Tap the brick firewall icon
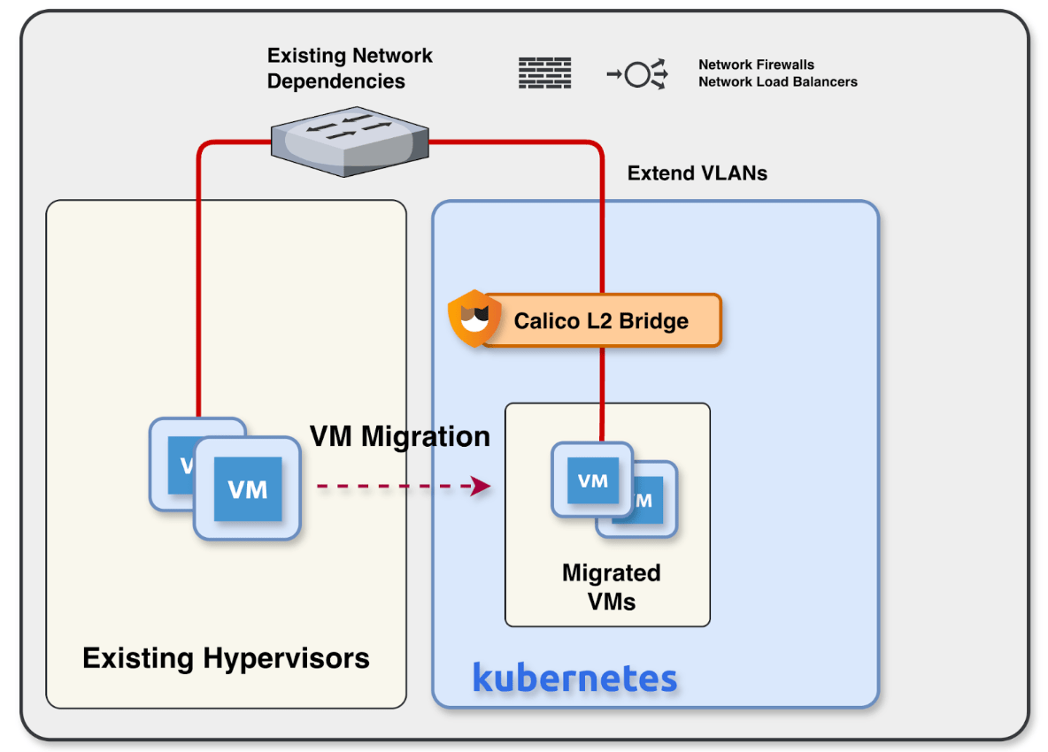pyautogui.click(x=544, y=73)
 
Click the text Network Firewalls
pyautogui.click(x=756, y=65)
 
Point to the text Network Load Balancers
pyautogui.click(x=777, y=81)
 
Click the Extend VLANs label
pyautogui.click(x=697, y=173)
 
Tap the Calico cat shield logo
pyautogui.click(x=474, y=318)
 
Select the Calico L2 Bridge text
pyautogui.click(x=601, y=320)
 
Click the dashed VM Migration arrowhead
pyautogui.click(x=482, y=486)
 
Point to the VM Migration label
pyautogui.click(x=399, y=435)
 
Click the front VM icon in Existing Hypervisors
pyautogui.click(x=248, y=488)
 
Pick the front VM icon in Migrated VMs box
pyautogui.click(x=592, y=480)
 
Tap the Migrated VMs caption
pyautogui.click(x=611, y=587)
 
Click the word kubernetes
pyautogui.click(x=574, y=678)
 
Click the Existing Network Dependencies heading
pyautogui.click(x=350, y=68)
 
